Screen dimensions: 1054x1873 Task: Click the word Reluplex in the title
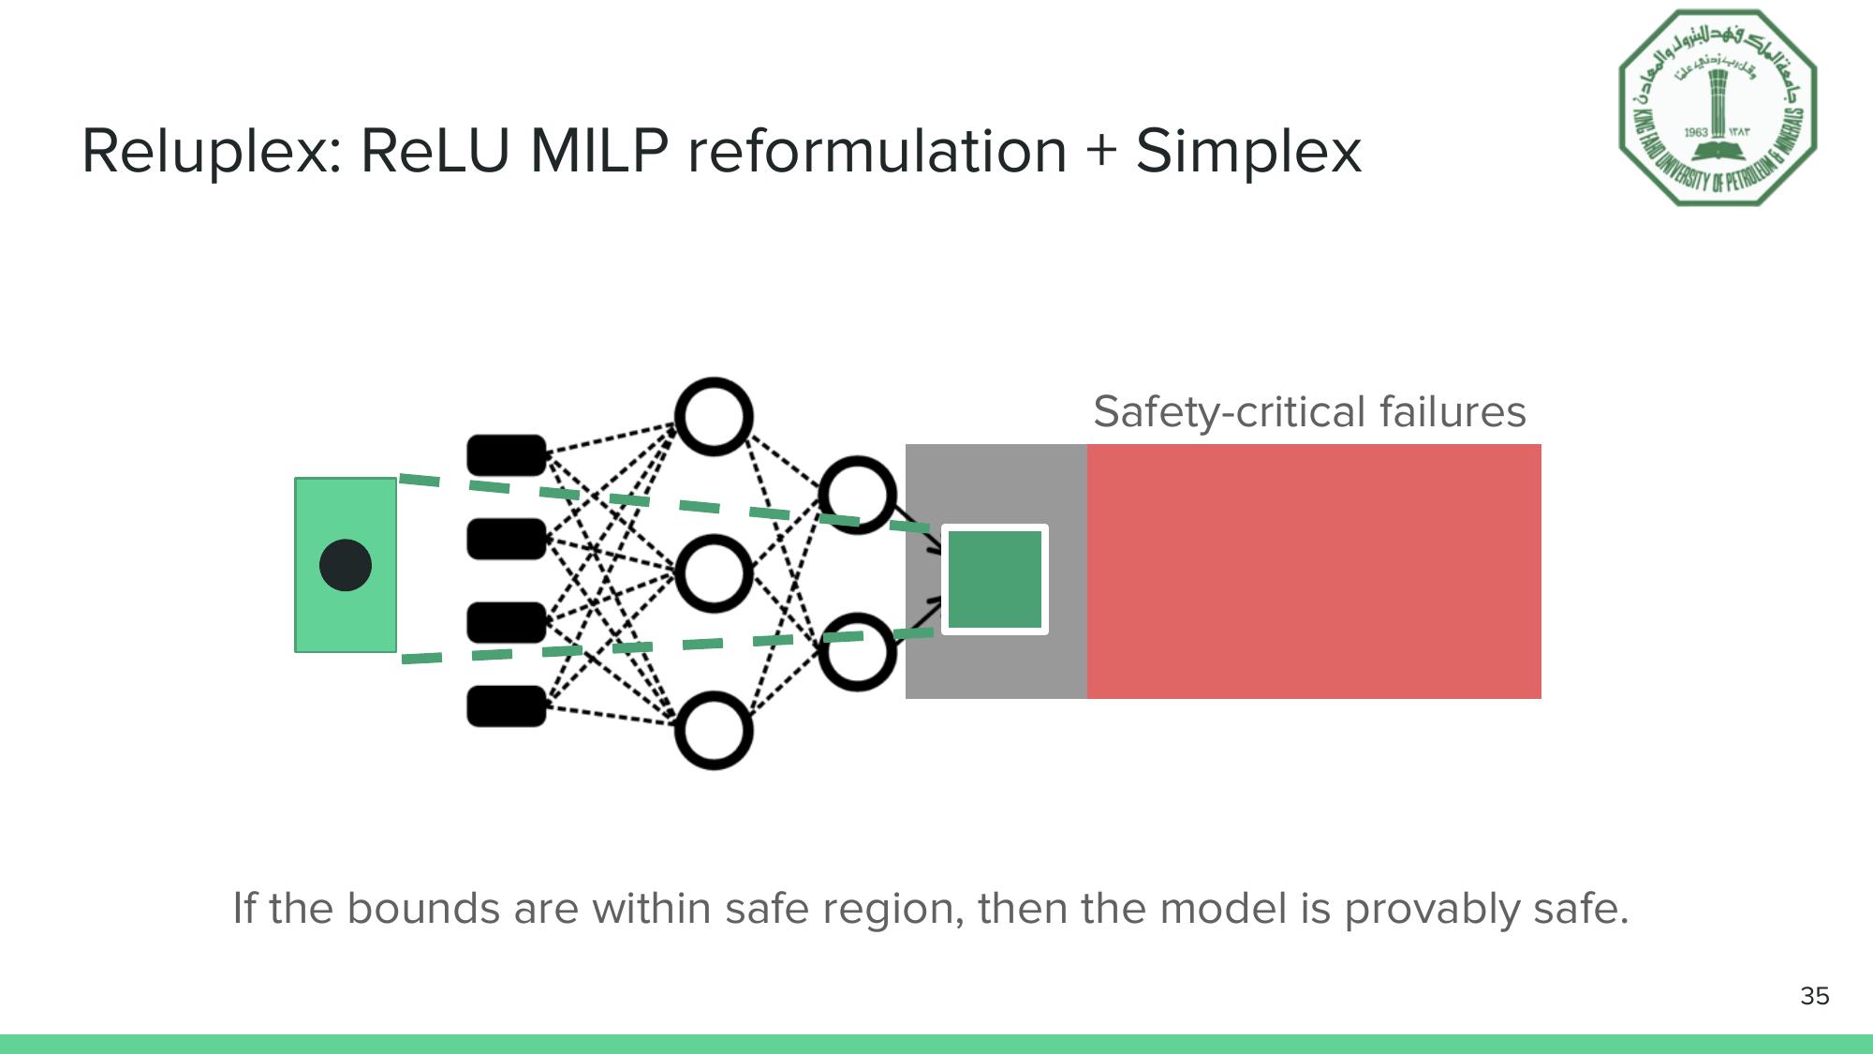coord(212,152)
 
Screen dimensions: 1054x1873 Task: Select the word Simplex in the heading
coord(1248,152)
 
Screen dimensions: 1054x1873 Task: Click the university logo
coord(1718,108)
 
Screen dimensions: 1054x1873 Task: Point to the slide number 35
coord(1814,996)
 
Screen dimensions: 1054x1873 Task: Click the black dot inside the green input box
coord(346,565)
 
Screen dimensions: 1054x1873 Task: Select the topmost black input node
coord(507,454)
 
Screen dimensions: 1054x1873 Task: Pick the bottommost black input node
coord(507,706)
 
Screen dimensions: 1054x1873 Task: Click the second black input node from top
coord(507,539)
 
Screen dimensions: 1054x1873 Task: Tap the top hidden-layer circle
coord(714,417)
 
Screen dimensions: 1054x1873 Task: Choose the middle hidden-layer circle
coord(714,573)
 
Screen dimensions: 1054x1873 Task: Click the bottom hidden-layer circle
coord(714,731)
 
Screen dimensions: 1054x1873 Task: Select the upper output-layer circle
coord(857,495)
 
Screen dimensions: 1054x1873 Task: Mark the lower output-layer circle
coord(857,652)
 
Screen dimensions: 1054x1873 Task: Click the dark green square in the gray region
coord(995,579)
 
